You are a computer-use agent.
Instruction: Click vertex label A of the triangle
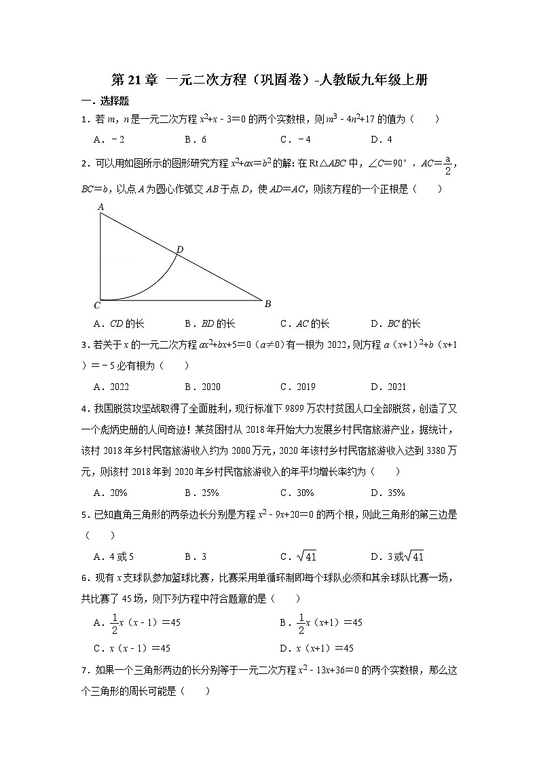(x=100, y=207)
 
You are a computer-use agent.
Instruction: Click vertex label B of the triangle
(x=267, y=304)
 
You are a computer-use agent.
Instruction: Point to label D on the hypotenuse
(x=180, y=250)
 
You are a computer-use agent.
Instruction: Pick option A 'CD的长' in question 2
(x=119, y=324)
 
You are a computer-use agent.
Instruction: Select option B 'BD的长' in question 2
(x=210, y=324)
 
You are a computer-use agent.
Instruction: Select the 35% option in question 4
(x=388, y=493)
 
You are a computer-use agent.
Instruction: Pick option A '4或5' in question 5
(x=114, y=557)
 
